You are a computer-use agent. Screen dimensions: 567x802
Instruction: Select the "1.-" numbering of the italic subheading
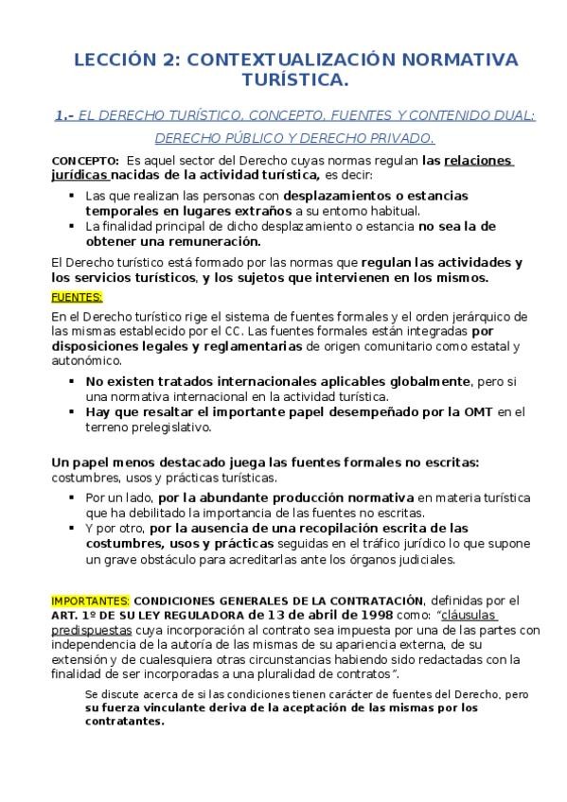64,115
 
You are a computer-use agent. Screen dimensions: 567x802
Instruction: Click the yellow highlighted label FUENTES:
76,296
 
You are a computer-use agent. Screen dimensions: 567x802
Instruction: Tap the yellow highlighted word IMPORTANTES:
91,600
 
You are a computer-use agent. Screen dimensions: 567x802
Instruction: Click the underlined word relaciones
478,160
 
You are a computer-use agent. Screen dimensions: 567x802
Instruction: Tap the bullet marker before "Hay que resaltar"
72,411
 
